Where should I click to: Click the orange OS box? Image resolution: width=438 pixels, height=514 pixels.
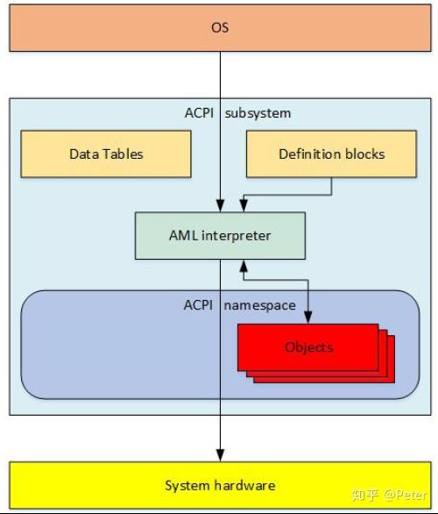219,26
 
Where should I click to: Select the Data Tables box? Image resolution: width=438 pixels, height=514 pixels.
106,153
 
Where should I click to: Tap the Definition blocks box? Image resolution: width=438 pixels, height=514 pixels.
331,153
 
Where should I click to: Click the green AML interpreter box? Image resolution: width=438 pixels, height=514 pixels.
220,235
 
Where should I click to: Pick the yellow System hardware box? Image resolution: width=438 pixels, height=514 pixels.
220,485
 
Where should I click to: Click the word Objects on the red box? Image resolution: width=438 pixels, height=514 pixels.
308,347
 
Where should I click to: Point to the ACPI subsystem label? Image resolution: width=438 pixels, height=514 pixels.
237,113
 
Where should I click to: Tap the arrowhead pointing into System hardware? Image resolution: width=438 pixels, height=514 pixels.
220,456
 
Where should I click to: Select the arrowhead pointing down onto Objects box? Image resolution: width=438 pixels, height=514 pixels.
308,318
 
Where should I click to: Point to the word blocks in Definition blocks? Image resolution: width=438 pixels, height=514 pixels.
364,153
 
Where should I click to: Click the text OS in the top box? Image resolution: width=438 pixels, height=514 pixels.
220,27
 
